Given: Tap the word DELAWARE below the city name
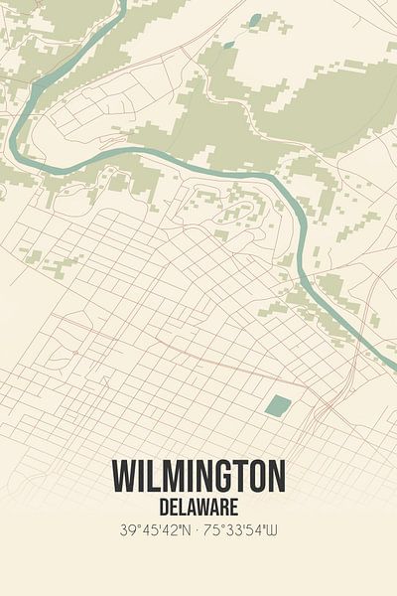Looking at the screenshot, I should pos(198,508).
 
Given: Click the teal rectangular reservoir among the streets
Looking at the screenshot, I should pos(278,405).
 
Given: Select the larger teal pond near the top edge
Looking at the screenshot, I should pos(255,19).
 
